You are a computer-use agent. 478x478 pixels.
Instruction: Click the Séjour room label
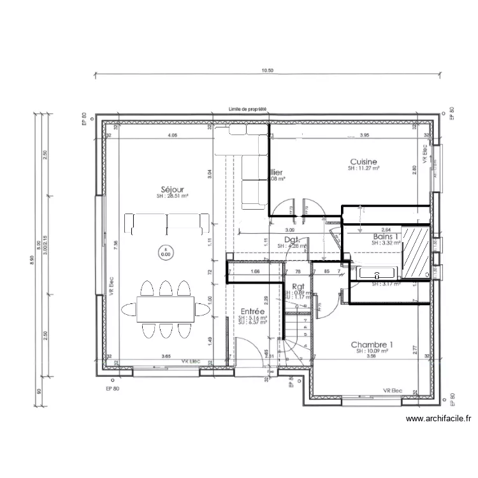tap(173, 189)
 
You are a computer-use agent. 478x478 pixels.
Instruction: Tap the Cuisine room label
tap(363, 162)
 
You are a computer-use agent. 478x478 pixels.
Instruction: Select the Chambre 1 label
tap(372, 345)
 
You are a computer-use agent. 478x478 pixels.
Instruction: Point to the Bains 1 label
tap(386, 236)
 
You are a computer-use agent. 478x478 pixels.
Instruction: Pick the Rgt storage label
tap(298, 287)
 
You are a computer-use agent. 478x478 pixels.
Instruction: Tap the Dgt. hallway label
tap(292, 240)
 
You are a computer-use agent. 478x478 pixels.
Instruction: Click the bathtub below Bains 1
tap(377, 273)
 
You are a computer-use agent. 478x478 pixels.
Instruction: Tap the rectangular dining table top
tap(167, 309)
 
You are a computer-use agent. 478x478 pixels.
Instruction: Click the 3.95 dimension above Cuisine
tap(364, 136)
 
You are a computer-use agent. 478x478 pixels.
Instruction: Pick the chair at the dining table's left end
tap(127, 310)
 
